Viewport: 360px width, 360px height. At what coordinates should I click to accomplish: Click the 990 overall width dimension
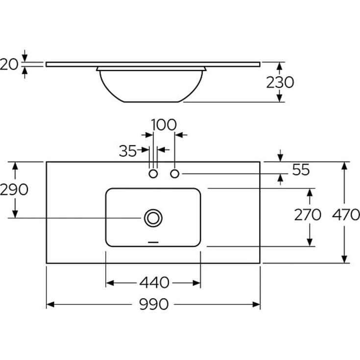click(x=154, y=305)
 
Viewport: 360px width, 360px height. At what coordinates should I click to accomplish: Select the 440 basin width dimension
click(x=154, y=283)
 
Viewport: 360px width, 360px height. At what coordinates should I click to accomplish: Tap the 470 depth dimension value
click(x=346, y=215)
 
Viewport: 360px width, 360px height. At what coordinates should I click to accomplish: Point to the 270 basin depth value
click(x=308, y=215)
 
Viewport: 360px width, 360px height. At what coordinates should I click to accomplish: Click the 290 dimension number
click(x=14, y=190)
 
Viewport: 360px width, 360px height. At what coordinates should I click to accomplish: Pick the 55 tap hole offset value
click(x=301, y=169)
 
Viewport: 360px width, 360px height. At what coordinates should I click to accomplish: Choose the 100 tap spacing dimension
click(x=164, y=125)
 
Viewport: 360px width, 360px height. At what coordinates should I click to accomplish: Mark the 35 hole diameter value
click(x=128, y=151)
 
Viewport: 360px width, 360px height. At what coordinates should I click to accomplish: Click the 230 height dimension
click(x=280, y=82)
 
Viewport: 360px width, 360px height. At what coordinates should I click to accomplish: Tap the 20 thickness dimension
click(x=9, y=64)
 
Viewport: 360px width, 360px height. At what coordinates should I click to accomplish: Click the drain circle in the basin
click(x=153, y=218)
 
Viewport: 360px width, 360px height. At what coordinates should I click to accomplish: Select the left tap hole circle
click(x=153, y=174)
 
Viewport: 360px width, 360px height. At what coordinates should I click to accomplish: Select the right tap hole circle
click(x=175, y=174)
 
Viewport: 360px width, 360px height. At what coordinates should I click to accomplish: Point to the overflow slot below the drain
click(x=153, y=242)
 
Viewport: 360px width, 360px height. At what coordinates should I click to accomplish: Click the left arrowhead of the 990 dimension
click(x=50, y=305)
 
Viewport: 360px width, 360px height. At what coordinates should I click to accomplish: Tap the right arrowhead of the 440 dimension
click(x=197, y=283)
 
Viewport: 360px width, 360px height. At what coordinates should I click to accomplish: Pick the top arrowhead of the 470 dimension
click(x=344, y=166)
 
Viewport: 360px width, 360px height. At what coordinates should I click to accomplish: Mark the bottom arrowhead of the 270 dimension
click(x=310, y=242)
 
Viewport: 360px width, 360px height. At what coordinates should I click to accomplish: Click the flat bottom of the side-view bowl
click(x=151, y=102)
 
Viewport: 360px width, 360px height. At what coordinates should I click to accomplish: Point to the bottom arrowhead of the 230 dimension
click(x=279, y=98)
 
